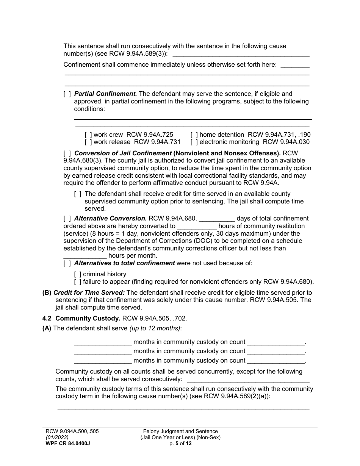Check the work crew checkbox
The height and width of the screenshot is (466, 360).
(88, 134)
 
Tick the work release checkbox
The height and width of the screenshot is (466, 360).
(88, 142)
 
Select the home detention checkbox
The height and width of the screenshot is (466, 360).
(194, 134)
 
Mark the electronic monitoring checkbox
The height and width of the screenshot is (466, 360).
(194, 142)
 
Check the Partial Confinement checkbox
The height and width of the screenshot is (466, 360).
(67, 94)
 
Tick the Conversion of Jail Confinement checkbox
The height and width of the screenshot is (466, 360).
(67, 153)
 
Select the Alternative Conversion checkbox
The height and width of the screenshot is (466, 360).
(67, 218)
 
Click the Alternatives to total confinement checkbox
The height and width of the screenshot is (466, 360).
(67, 263)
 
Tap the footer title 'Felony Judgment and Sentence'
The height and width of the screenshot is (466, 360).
(180, 431)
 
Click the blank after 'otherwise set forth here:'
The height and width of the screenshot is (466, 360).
(295, 65)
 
